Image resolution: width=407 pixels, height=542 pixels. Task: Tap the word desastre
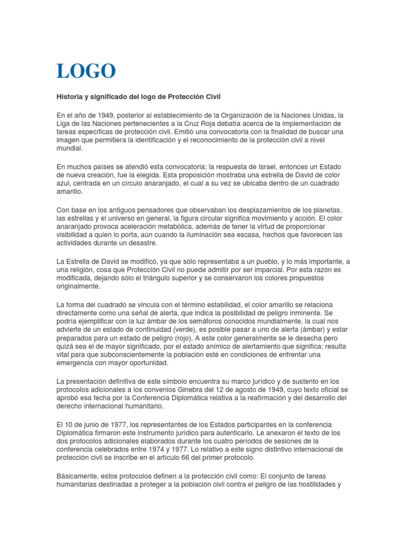coord(144,243)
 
